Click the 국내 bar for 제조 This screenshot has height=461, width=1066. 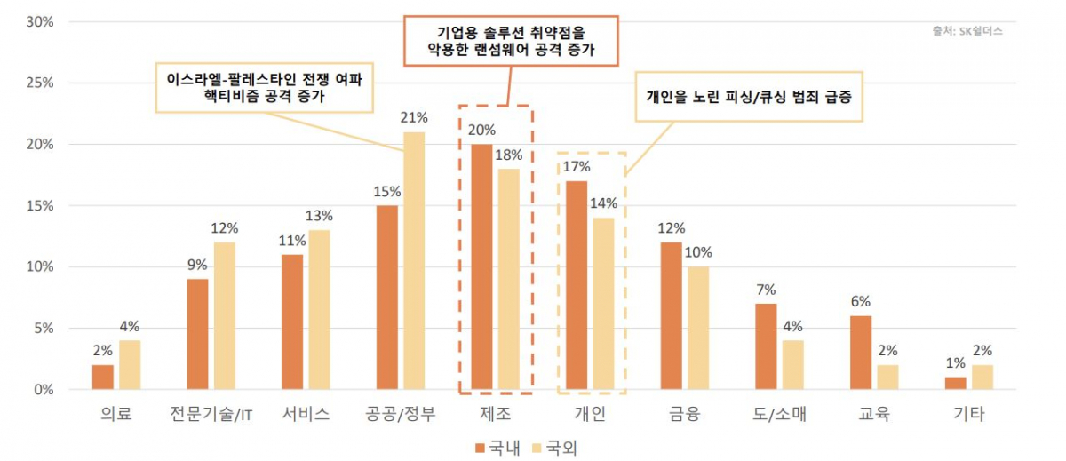coord(481,266)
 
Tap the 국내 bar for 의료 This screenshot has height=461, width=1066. coord(103,377)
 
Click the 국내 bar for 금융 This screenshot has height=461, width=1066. coord(672,315)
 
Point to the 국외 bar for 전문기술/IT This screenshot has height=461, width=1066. coord(226,315)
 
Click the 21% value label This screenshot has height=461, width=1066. coord(415,117)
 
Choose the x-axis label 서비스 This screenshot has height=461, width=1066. coord(306,415)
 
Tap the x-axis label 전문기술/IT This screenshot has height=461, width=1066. coord(209,415)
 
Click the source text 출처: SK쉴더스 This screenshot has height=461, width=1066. coord(967,30)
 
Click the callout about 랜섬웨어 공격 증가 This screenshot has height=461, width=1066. coord(511,40)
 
